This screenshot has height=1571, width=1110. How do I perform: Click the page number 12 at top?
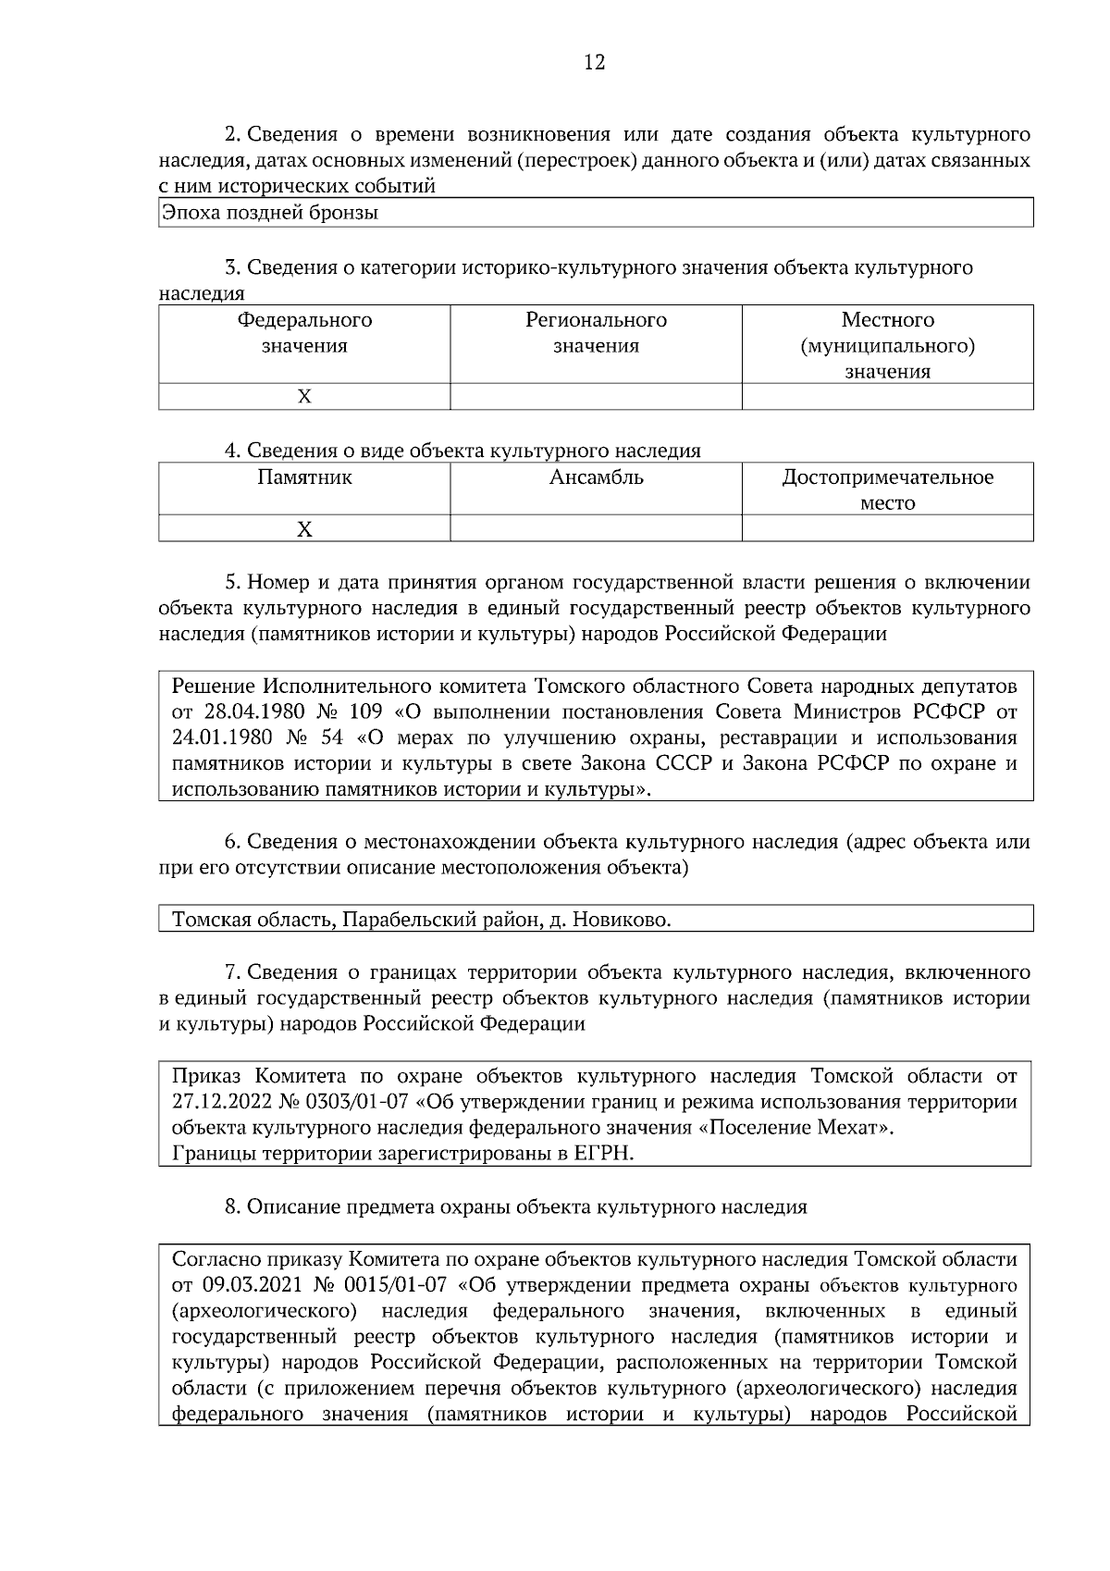pyautogui.click(x=594, y=63)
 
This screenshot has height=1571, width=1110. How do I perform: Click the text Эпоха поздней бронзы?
pyautogui.click(x=270, y=214)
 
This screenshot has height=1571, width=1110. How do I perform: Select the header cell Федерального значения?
pyautogui.click(x=304, y=333)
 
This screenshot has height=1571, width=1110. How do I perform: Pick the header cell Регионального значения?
pyautogui.click(x=596, y=333)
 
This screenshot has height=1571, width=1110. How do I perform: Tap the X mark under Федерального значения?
pyautogui.click(x=304, y=397)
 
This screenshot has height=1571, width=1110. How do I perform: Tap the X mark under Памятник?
pyautogui.click(x=304, y=529)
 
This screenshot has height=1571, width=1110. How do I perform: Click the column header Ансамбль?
pyautogui.click(x=596, y=478)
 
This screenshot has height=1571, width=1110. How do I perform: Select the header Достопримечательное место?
pyautogui.click(x=887, y=490)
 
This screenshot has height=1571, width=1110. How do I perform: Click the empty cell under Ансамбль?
pyautogui.click(x=596, y=529)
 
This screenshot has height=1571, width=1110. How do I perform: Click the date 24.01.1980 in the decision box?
pyautogui.click(x=220, y=739)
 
